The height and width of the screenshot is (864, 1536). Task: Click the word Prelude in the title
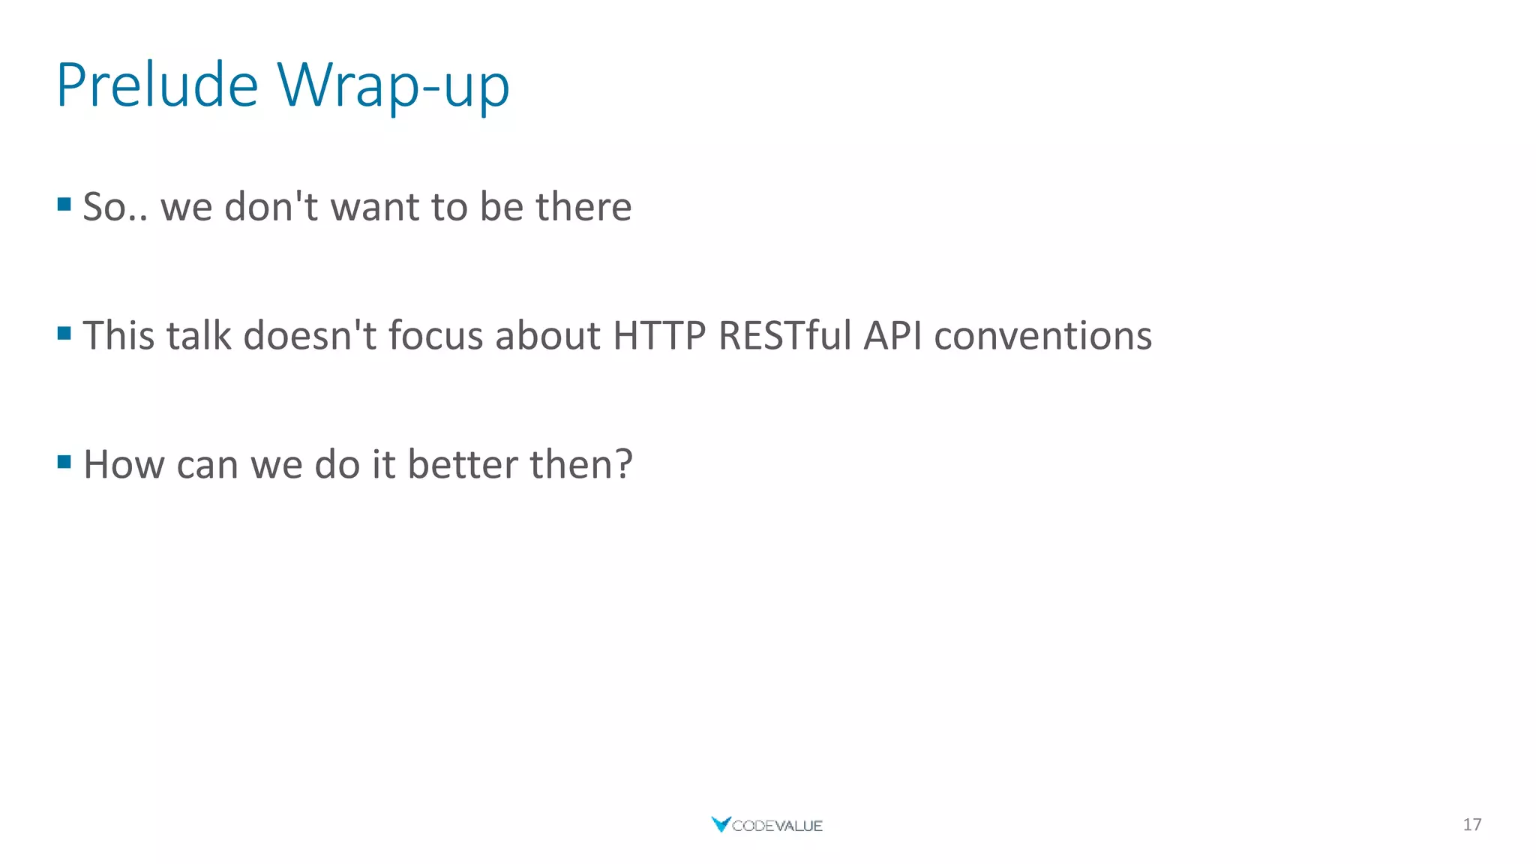click(157, 85)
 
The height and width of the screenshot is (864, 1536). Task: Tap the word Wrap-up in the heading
click(393, 86)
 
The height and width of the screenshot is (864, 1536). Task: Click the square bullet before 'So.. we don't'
click(64, 204)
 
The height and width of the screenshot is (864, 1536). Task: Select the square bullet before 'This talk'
click(64, 333)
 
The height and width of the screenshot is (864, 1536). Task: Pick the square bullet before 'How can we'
click(64, 462)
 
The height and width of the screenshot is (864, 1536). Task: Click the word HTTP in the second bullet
click(659, 335)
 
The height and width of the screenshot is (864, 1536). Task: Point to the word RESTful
click(784, 335)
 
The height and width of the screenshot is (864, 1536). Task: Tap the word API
click(892, 335)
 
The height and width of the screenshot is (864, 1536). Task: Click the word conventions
click(1042, 335)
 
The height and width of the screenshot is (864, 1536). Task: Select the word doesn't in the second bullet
click(310, 335)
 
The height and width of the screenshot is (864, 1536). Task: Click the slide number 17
click(1471, 825)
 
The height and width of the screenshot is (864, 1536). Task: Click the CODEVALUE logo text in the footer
click(777, 826)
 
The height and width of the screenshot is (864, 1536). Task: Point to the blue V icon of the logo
click(720, 824)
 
